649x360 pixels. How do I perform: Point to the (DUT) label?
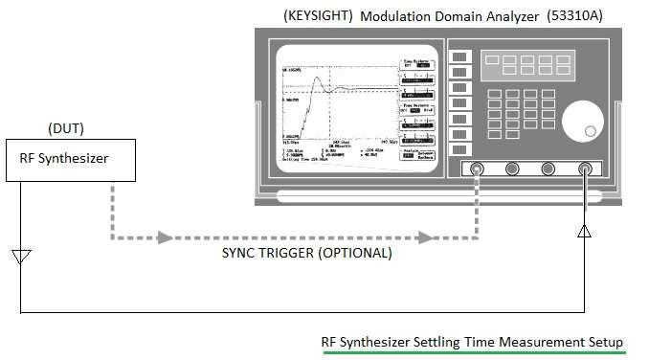coord(65,128)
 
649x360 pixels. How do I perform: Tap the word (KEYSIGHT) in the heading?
coord(319,16)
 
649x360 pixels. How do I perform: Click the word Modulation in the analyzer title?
coord(395,16)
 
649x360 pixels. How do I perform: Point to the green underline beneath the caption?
coord(473,352)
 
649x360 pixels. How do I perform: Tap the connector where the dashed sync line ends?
coord(477,169)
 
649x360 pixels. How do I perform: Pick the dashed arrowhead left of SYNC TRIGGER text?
coord(168,236)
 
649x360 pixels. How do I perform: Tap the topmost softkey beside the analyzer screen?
coord(460,58)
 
